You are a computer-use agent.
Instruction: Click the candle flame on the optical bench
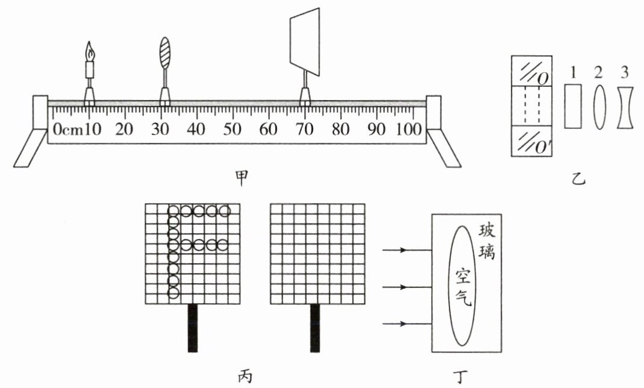click(90, 51)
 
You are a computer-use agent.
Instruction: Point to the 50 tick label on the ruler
click(232, 129)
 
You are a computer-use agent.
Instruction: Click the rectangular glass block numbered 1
click(572, 105)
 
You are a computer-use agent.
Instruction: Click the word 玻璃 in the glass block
click(486, 241)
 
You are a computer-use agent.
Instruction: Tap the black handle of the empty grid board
click(314, 328)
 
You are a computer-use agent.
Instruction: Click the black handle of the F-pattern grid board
click(193, 328)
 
